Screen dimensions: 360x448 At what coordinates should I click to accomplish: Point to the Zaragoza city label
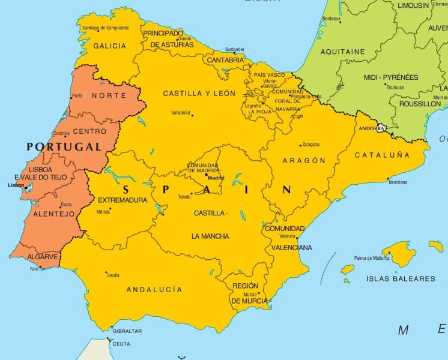(310, 145)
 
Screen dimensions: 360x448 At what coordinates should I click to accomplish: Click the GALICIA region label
(110, 46)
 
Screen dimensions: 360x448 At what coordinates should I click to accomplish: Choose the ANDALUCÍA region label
(154, 289)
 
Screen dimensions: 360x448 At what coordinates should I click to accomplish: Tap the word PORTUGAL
(63, 146)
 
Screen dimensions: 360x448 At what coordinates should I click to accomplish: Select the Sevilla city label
(112, 275)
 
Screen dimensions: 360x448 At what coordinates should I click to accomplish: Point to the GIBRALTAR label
(127, 331)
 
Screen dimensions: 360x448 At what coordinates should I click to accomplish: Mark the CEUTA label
(121, 343)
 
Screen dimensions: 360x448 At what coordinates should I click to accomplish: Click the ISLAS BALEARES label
(401, 278)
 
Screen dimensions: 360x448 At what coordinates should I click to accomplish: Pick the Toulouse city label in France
(395, 87)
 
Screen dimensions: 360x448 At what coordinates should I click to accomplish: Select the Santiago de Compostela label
(106, 28)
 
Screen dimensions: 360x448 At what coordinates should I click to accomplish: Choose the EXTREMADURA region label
(123, 200)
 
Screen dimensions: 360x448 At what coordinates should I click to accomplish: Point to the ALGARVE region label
(43, 257)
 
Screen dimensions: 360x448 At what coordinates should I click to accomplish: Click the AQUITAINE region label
(343, 52)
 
